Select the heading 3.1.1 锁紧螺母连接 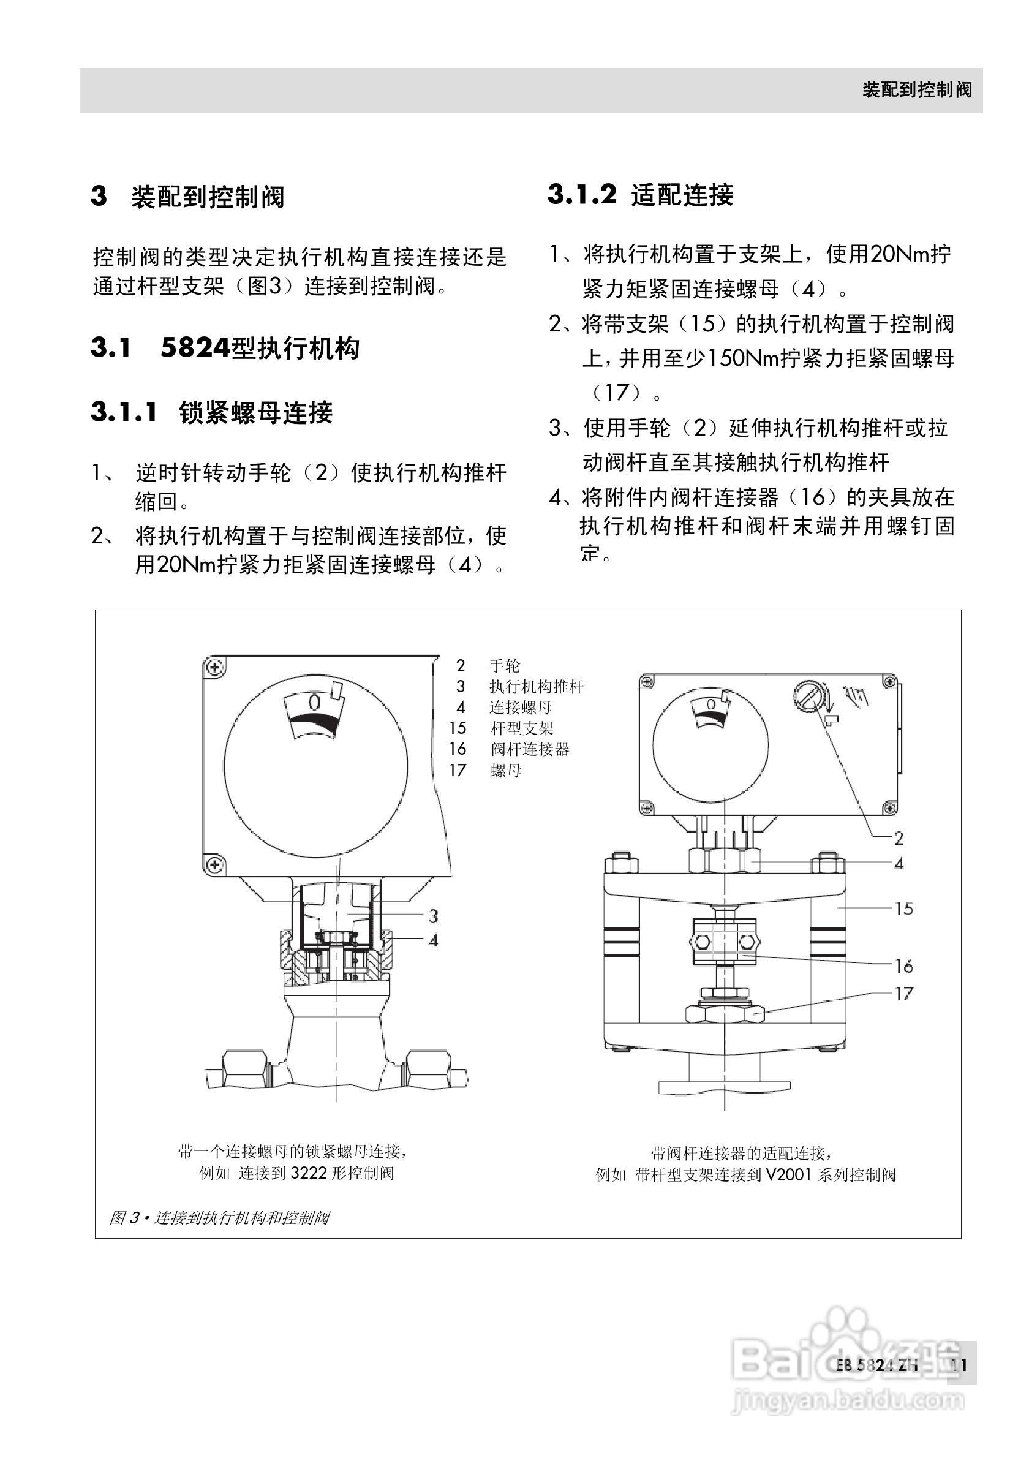(x=211, y=412)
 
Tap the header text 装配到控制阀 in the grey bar (x=916, y=90)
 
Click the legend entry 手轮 (x=505, y=665)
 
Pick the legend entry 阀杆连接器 (x=530, y=749)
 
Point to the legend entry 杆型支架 (x=522, y=728)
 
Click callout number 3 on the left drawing (x=433, y=916)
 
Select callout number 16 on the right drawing (x=903, y=966)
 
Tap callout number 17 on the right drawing (x=903, y=993)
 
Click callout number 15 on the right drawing (x=903, y=908)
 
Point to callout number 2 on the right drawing (x=899, y=838)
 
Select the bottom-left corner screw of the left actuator (x=216, y=864)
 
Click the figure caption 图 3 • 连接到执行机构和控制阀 (x=220, y=1217)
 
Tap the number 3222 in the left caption (x=309, y=1173)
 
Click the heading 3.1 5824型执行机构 (x=225, y=348)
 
